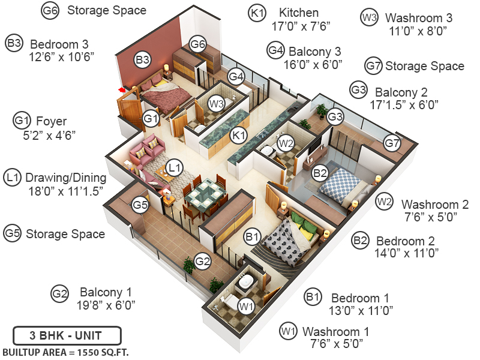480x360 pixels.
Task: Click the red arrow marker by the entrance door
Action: click(x=122, y=90)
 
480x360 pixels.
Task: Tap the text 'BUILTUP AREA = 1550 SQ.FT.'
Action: click(x=66, y=351)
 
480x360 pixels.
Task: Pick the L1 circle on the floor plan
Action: click(x=174, y=168)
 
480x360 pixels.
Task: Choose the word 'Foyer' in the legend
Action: click(x=52, y=121)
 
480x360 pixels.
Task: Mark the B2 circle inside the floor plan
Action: click(x=320, y=174)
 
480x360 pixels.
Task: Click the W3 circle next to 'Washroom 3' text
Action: click(x=368, y=18)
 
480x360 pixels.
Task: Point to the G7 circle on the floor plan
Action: click(x=392, y=143)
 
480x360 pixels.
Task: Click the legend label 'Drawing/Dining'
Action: click(x=65, y=178)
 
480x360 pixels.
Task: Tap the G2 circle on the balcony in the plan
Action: click(x=203, y=262)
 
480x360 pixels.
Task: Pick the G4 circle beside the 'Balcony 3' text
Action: click(x=275, y=50)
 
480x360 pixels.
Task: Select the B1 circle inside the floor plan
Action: click(x=252, y=236)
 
